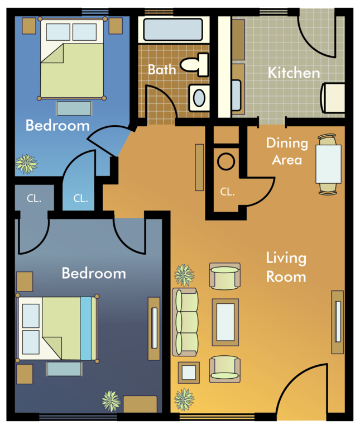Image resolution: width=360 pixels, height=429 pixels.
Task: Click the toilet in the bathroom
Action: pos(195,65)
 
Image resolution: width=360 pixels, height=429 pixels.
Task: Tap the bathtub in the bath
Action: pos(173,30)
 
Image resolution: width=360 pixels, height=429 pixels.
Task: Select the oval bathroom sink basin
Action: pos(199,98)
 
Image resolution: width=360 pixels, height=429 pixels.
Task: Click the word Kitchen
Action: pos(294,73)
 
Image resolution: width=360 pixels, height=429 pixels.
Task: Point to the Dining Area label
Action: pos(287,151)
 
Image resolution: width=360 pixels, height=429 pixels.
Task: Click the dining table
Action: pos(328,164)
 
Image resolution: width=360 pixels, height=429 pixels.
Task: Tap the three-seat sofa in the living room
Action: pos(185,322)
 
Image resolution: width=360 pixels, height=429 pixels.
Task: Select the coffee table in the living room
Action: pos(225,322)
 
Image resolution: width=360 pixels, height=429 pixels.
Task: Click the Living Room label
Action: pos(286,268)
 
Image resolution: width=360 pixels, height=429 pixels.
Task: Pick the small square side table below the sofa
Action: pos(189,373)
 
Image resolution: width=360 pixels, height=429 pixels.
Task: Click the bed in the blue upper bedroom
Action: pos(72,58)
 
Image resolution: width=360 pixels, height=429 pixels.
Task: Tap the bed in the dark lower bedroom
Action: pos(57,328)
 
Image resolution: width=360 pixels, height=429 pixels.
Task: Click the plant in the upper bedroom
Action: pos(26,164)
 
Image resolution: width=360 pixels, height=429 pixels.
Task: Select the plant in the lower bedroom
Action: pos(111,401)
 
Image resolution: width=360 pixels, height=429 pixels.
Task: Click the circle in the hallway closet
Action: pos(226,161)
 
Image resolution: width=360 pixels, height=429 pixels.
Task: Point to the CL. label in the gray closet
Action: pos(34,198)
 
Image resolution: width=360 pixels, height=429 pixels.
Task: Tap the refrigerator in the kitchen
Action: pos(333,98)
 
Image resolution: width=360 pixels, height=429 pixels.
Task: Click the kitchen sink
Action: pos(237,94)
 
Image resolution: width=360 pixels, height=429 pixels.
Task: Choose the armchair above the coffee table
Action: pos(225,276)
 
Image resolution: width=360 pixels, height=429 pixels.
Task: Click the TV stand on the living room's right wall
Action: pos(338,322)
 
